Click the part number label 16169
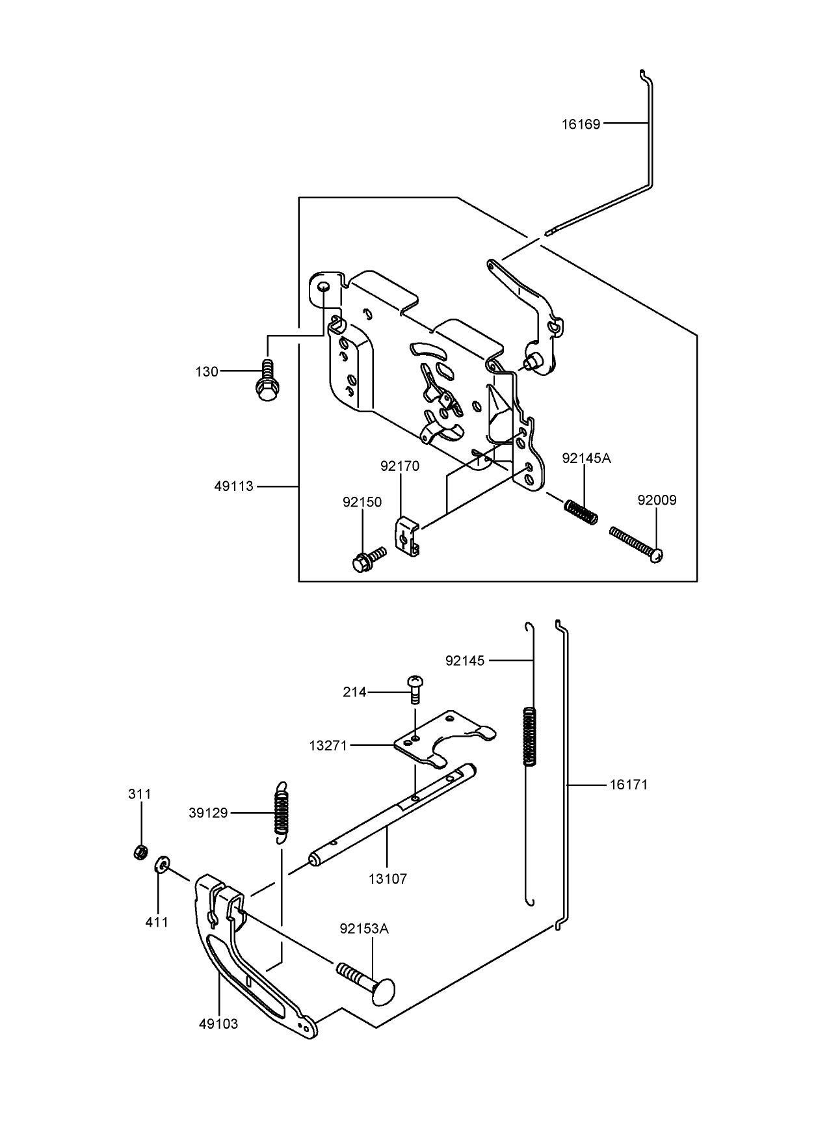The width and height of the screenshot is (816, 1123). coord(581,124)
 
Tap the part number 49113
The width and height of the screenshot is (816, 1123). coord(233,486)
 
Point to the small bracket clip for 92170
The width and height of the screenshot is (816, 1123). coord(407,536)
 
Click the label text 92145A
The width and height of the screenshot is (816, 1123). coord(586,458)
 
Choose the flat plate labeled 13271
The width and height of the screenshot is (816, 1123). coord(445,740)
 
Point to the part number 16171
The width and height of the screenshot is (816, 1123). coord(628,785)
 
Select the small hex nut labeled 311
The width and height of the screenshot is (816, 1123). coord(139,851)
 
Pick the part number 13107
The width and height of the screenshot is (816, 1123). coord(388,879)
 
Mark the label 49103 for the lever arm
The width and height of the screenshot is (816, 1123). coord(218,1024)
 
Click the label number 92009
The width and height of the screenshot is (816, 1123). coord(657,500)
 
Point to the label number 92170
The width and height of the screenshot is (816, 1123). coord(400,466)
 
